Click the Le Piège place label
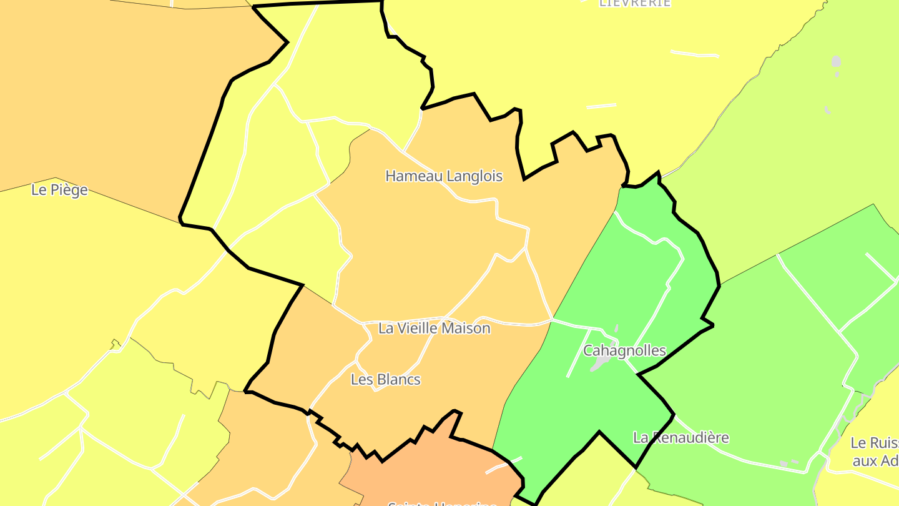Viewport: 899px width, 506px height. (59, 190)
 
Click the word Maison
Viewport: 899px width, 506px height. (468, 328)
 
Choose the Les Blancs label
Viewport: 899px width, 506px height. (385, 379)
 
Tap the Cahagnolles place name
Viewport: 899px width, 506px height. (624, 350)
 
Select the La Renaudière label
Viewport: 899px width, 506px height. (680, 437)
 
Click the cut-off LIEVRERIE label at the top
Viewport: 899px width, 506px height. (635, 3)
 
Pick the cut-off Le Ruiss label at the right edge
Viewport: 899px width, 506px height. (874, 443)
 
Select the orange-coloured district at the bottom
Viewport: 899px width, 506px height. (431, 469)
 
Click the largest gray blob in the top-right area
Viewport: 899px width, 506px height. (836, 62)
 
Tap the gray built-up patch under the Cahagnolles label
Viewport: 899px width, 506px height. (601, 363)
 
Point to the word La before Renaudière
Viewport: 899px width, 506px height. (641, 437)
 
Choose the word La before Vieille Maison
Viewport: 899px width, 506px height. (386, 328)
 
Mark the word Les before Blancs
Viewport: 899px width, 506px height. (361, 379)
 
